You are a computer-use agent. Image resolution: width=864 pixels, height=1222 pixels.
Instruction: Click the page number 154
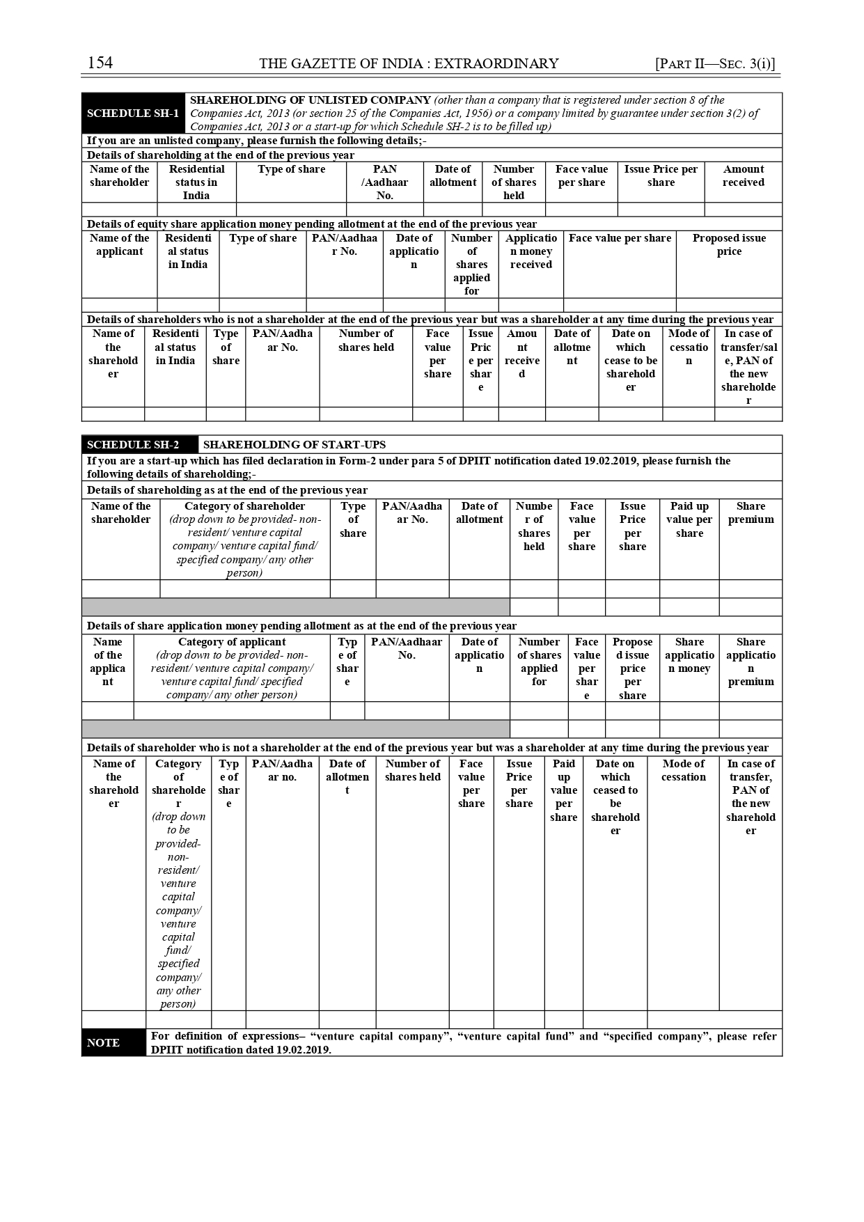100,63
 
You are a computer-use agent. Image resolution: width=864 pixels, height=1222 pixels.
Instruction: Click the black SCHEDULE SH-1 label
133,113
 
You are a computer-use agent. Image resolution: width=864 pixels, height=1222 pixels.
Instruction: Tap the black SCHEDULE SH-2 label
133,445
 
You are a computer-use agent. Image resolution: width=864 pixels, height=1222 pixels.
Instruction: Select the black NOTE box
103,1042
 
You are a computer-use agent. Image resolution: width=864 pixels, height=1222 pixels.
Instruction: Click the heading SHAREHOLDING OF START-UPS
294,445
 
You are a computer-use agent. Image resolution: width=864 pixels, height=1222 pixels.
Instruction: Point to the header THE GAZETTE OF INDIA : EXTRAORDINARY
409,64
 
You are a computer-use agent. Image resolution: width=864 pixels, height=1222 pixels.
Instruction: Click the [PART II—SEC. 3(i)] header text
715,64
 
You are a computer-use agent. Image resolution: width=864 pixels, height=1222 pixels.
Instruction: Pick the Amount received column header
743,175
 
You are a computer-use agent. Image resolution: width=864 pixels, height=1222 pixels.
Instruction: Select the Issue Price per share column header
661,175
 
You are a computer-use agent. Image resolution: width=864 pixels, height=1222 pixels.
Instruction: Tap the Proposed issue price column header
729,244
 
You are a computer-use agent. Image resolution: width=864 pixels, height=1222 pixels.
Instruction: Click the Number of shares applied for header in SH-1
471,265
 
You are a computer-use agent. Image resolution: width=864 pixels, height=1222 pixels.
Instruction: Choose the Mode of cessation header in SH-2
683,770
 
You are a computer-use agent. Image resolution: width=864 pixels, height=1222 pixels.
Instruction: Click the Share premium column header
751,512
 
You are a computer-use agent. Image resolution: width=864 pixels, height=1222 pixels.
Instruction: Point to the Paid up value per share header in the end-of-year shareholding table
689,519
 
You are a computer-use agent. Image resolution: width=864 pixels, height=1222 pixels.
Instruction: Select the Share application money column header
689,655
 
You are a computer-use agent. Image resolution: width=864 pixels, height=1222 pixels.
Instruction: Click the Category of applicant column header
232,668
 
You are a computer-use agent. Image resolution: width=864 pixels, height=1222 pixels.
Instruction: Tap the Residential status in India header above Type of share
196,182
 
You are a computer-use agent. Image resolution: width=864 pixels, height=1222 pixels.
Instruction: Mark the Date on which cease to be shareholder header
631,360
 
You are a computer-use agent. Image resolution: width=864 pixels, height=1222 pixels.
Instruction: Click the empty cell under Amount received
743,210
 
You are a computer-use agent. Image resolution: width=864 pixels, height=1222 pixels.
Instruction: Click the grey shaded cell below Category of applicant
296,729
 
